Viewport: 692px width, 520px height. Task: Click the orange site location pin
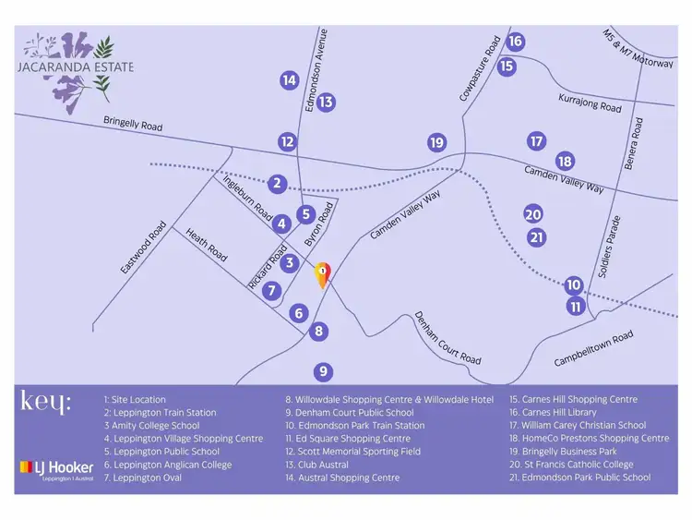[x=322, y=274]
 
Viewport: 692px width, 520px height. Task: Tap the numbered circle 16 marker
[x=516, y=42]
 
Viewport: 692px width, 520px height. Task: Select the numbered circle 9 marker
[x=322, y=372]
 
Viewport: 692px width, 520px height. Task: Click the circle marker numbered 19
[x=437, y=142]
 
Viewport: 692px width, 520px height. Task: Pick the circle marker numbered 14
[x=290, y=80]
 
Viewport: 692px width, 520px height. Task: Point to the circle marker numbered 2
[x=277, y=184]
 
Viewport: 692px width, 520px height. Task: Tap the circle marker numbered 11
[x=577, y=307]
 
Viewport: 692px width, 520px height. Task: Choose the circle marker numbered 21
[x=537, y=237]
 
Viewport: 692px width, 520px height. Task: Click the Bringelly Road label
[x=133, y=123]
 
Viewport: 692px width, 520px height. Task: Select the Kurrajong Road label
[x=590, y=102]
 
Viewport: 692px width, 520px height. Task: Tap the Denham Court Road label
[x=447, y=338]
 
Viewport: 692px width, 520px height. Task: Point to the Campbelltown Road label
[x=593, y=349]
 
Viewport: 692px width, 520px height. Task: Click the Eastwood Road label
[x=144, y=248]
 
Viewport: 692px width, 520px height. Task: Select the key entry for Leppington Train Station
[x=160, y=413]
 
